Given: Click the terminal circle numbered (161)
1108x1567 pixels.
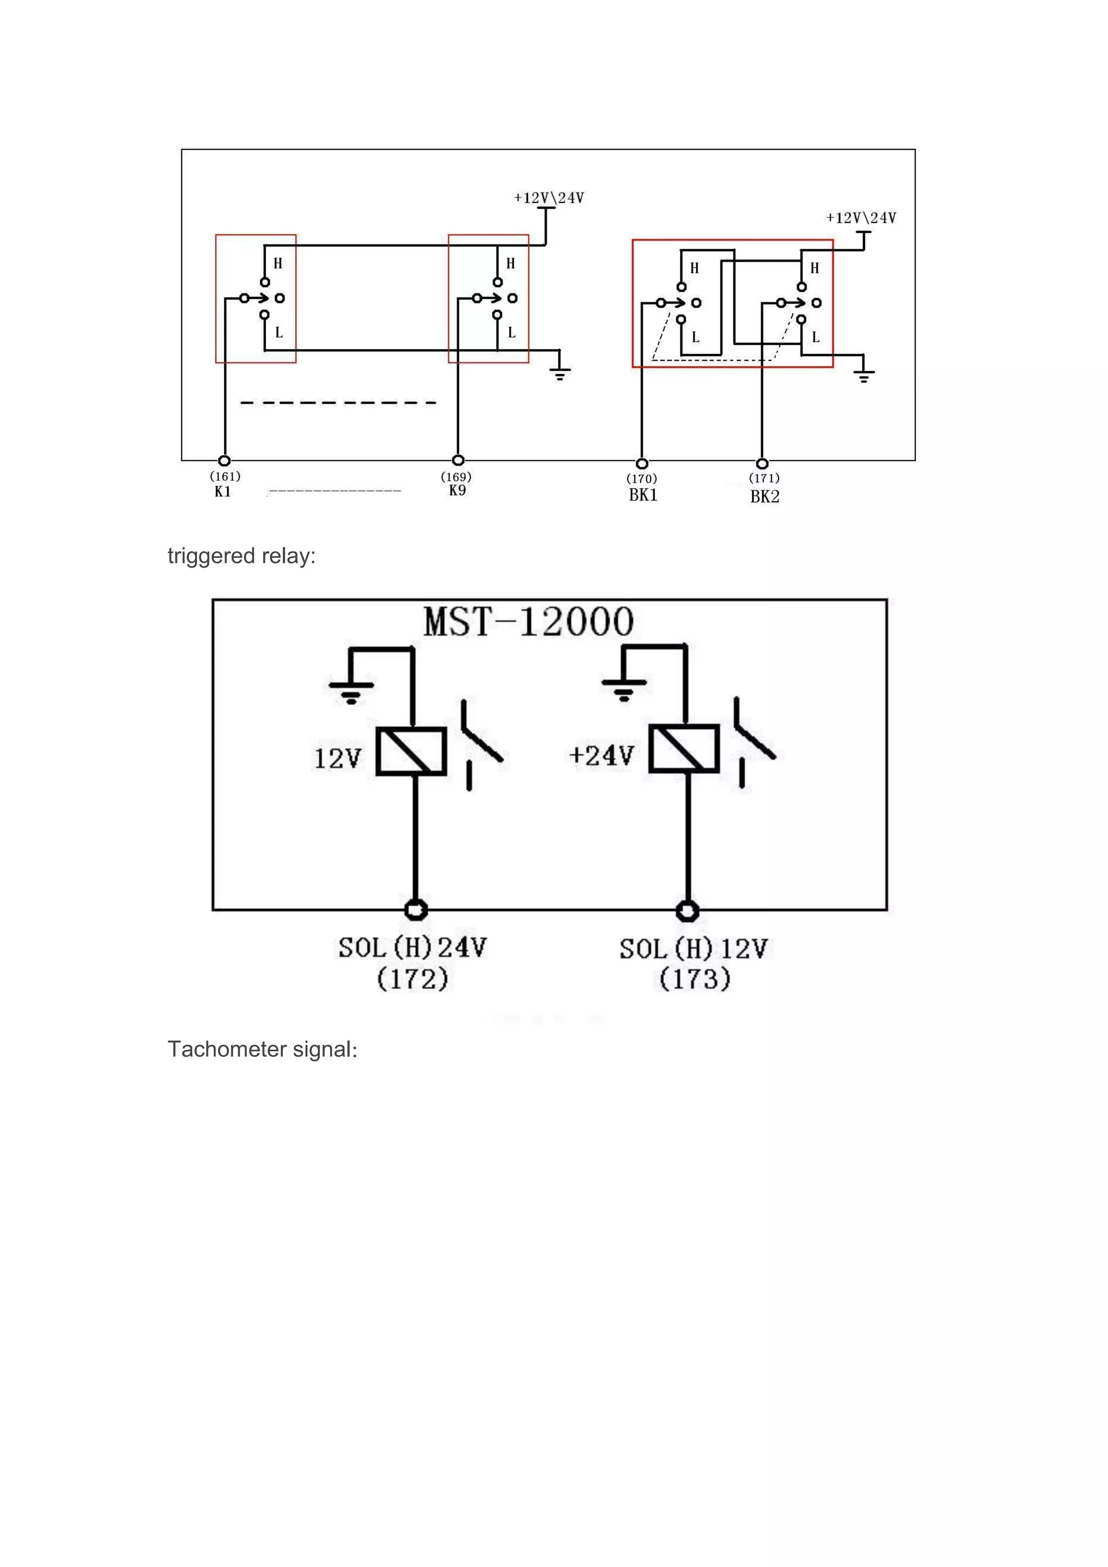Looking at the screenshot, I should pos(224,460).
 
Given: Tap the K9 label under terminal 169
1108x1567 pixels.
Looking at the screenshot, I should pos(457,490).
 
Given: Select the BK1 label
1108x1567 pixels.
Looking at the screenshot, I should pos(643,495).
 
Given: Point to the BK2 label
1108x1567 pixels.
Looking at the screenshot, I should pos(764,496).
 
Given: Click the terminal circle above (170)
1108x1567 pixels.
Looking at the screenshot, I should pos(642,463).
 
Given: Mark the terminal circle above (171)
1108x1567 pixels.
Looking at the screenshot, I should pos(763,463).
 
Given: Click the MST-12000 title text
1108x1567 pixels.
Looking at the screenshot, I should pos(529,622).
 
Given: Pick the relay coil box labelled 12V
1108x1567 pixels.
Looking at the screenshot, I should pos(411,750).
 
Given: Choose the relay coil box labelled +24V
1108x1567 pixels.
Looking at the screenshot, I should pos(684,749).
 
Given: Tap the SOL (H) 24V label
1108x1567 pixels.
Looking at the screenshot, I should pos(413,947).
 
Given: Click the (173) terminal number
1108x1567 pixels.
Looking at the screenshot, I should pos(695,979).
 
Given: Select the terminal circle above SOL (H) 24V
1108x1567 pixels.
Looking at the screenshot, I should pos(415,910).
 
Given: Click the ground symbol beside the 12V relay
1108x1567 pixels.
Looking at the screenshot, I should pos(351,690).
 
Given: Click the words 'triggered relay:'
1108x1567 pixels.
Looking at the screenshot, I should pos(241,556).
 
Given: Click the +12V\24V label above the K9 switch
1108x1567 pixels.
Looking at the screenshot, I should pos(549,198).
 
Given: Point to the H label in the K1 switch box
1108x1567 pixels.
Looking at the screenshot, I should pos(278,264).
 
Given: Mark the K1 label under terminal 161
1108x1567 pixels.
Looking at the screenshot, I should pos(222,491).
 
